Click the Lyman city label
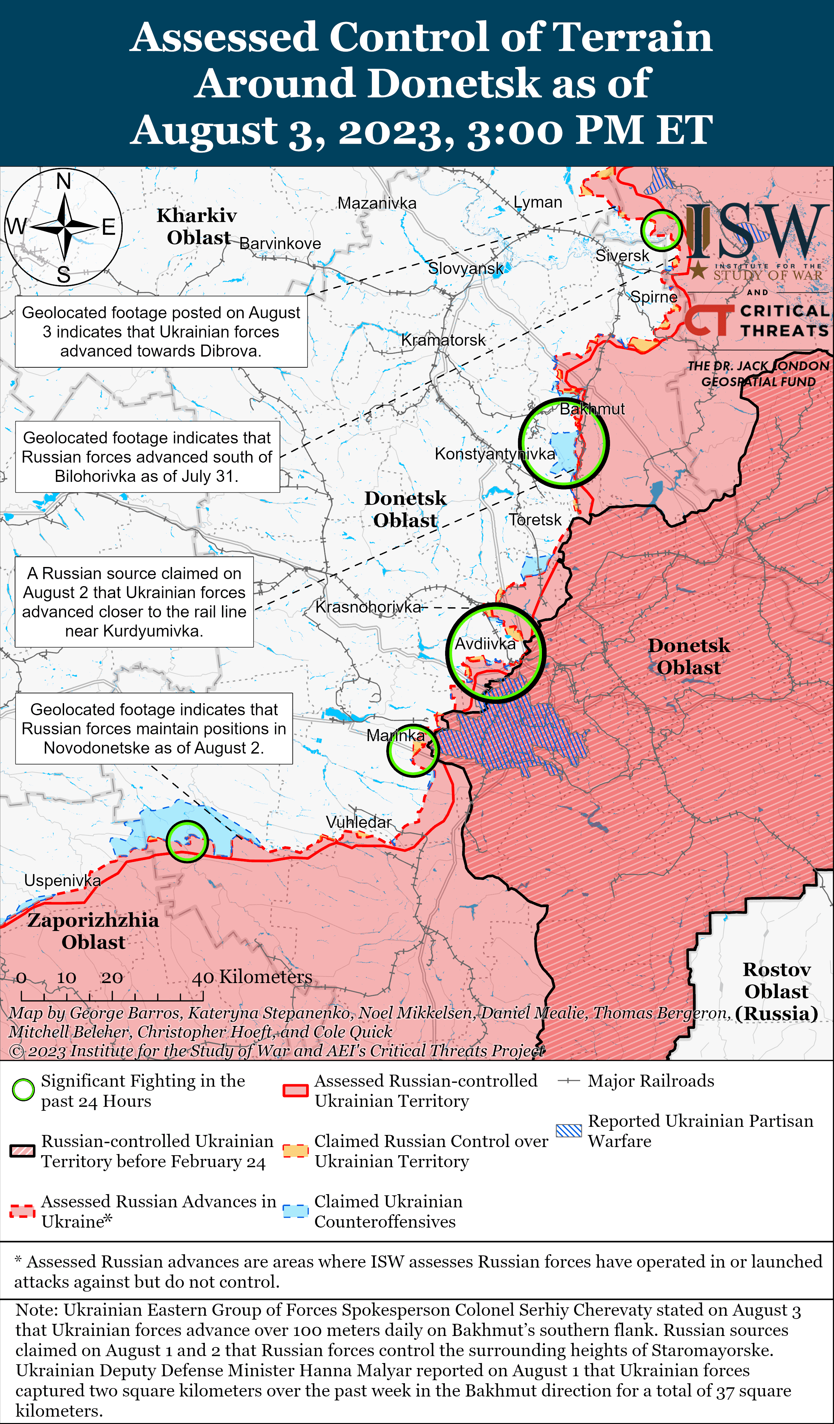538,202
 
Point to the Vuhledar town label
358,822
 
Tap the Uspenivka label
62,880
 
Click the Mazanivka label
377,203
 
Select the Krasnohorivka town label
368,607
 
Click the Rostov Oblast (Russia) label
776,991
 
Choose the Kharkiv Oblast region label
197,226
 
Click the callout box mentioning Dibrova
161,332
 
